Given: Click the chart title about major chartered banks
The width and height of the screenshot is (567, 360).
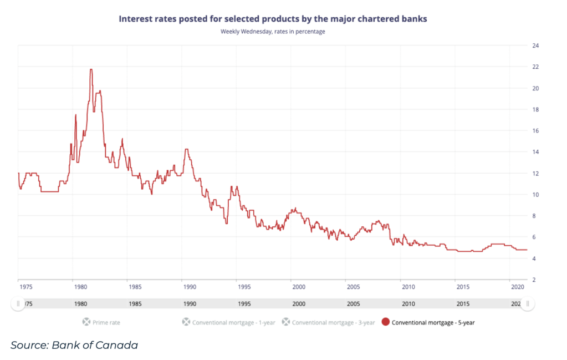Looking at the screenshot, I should (273, 19).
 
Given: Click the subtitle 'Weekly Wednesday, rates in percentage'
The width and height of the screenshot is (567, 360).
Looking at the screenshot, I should (273, 32).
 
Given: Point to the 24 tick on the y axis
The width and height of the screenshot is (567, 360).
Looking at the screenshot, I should (536, 45).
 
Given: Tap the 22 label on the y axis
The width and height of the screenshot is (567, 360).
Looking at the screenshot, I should (536, 67).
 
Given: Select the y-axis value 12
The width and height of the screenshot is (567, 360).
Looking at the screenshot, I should (536, 173).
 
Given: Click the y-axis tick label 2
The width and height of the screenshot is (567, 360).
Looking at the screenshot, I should (534, 280).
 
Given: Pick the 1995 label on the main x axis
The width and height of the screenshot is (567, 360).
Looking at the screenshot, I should (244, 287).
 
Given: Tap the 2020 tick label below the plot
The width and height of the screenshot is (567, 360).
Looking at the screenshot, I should (517, 287).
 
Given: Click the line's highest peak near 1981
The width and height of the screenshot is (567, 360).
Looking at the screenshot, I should (91, 69).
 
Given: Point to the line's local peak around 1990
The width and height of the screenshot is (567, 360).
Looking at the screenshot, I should (187, 149).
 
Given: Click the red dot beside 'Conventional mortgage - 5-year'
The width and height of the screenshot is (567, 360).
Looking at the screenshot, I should (386, 322).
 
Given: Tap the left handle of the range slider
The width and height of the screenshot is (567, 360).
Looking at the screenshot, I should (18, 303).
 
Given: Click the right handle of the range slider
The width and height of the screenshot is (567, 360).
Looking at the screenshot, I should (528, 303).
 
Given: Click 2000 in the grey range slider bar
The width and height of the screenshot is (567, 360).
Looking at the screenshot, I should (298, 304).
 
